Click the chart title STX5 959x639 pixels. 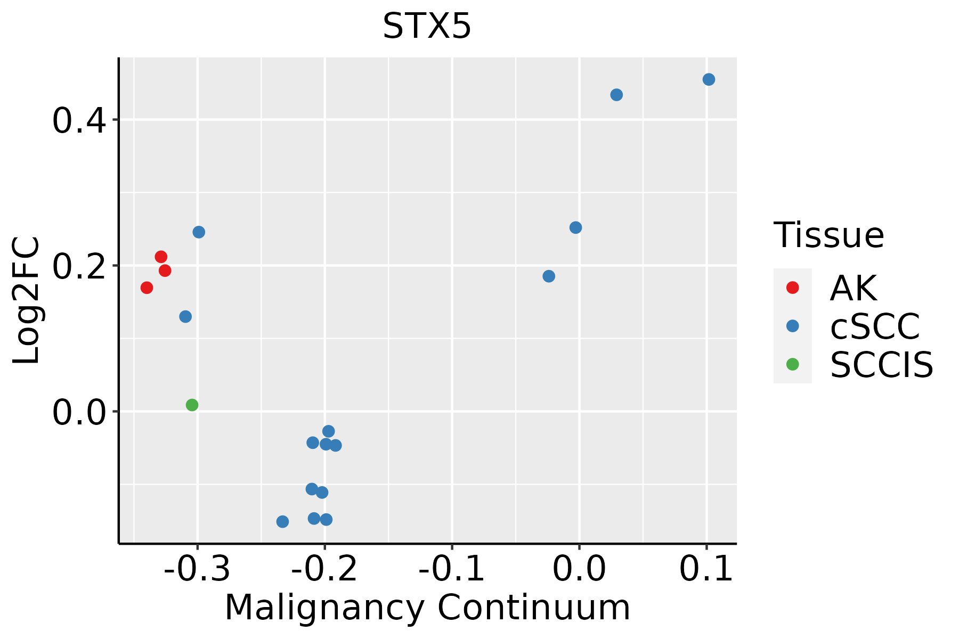click(427, 27)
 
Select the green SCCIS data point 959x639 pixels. click(192, 405)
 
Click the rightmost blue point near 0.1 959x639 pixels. click(709, 79)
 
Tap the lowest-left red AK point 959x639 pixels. click(147, 288)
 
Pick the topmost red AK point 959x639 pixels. click(161, 257)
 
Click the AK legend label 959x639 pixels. click(853, 288)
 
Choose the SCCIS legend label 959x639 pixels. click(882, 365)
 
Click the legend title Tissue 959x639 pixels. click(828, 235)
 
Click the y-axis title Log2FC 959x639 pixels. click(27, 300)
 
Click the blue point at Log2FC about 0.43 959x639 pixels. click(616, 95)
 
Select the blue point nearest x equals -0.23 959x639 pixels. click(282, 521)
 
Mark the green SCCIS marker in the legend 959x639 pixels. click(792, 364)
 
